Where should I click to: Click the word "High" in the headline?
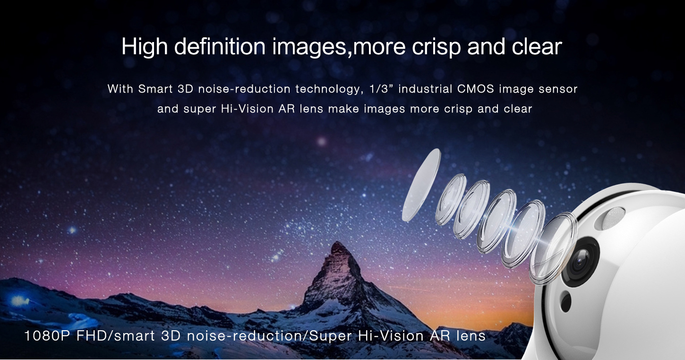click(x=145, y=47)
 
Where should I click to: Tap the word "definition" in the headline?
click(x=220, y=46)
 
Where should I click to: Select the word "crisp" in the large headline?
click(x=436, y=47)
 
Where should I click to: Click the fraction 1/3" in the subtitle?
click(x=381, y=89)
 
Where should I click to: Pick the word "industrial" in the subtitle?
click(x=425, y=89)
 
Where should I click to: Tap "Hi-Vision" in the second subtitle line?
click(x=247, y=109)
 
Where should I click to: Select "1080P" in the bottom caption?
click(x=47, y=336)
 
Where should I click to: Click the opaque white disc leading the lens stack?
click(x=421, y=185)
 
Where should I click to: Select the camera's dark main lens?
click(x=580, y=262)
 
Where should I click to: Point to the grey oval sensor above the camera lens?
click(x=614, y=218)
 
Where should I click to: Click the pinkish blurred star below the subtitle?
click(x=321, y=141)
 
